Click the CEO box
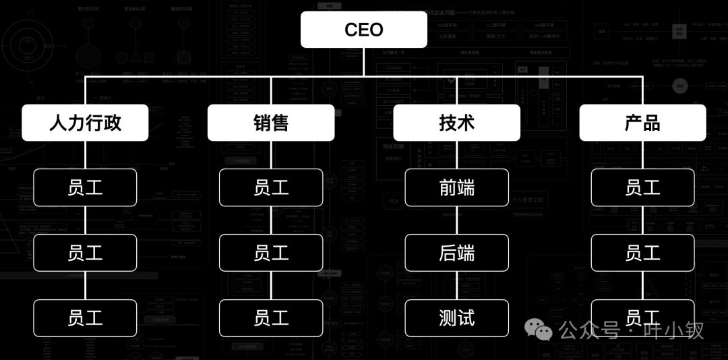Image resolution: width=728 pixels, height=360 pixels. click(x=363, y=30)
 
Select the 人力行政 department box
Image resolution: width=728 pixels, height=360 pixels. click(x=85, y=123)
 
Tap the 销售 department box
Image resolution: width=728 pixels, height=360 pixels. click(x=271, y=123)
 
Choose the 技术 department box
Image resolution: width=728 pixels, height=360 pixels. click(x=457, y=123)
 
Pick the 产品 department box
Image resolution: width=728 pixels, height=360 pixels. click(x=642, y=123)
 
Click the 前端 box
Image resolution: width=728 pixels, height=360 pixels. click(x=457, y=187)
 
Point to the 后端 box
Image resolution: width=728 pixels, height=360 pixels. click(x=457, y=253)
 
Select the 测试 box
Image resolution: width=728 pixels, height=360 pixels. click(x=457, y=318)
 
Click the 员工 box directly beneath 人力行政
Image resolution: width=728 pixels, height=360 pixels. click(x=85, y=187)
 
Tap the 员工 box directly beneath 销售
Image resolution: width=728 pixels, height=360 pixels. click(x=271, y=187)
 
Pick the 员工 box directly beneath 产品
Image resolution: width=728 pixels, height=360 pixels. click(x=642, y=187)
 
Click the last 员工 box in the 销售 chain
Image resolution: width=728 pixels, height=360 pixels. click(x=271, y=318)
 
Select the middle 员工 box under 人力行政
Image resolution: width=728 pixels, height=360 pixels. click(x=85, y=253)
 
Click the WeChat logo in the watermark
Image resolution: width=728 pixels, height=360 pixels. click(x=539, y=328)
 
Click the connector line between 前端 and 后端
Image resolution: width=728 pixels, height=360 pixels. click(x=457, y=220)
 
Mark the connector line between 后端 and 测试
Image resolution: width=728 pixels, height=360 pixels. click(x=457, y=286)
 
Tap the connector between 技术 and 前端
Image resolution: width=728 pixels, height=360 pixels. click(x=457, y=155)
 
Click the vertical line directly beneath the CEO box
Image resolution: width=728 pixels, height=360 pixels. click(x=363, y=62)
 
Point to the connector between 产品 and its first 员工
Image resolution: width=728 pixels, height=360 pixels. click(x=642, y=155)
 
